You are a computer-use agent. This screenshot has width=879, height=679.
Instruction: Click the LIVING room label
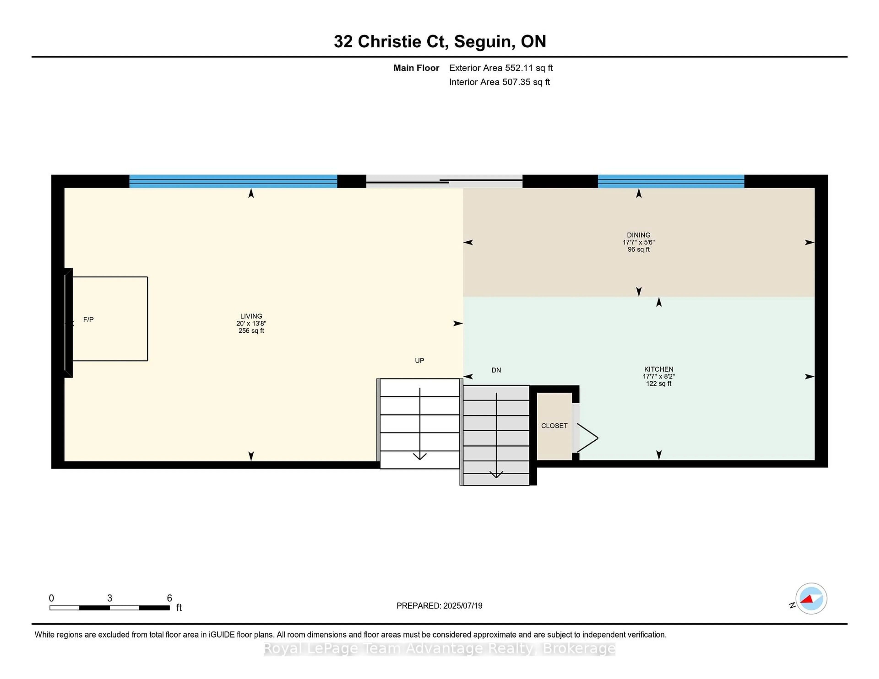pyautogui.click(x=251, y=316)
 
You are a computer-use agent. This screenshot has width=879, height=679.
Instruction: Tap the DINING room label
pyautogui.click(x=638, y=235)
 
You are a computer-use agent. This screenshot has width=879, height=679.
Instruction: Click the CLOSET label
pyautogui.click(x=554, y=426)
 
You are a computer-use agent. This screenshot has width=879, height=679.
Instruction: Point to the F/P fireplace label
pyautogui.click(x=89, y=319)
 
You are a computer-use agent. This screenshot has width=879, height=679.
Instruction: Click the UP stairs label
pyautogui.click(x=419, y=360)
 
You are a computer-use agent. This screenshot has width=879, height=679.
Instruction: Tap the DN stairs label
pyautogui.click(x=496, y=370)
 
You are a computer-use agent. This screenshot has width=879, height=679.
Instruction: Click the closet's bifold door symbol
pyautogui.click(x=587, y=438)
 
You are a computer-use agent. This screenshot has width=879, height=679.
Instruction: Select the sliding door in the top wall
pyautogui.click(x=444, y=181)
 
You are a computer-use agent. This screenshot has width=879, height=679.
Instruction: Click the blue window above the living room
pyautogui.click(x=233, y=181)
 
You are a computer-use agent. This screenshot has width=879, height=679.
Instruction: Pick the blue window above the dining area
pyautogui.click(x=671, y=181)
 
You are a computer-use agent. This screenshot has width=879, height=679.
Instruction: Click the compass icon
pyautogui.click(x=811, y=598)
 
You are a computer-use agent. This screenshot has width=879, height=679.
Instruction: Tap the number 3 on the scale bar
pyautogui.click(x=109, y=598)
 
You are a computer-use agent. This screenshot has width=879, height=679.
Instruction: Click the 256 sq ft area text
pyautogui.click(x=251, y=331)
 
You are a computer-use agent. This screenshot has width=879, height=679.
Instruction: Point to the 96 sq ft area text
pyautogui.click(x=638, y=249)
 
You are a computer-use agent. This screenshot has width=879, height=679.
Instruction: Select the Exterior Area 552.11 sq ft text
pyautogui.click(x=501, y=68)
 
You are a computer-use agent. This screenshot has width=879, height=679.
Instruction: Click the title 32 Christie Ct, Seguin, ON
pyautogui.click(x=439, y=41)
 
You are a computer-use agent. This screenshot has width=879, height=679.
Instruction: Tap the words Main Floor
pyautogui.click(x=416, y=68)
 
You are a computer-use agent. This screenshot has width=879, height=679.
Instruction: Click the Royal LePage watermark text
pyautogui.click(x=439, y=649)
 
